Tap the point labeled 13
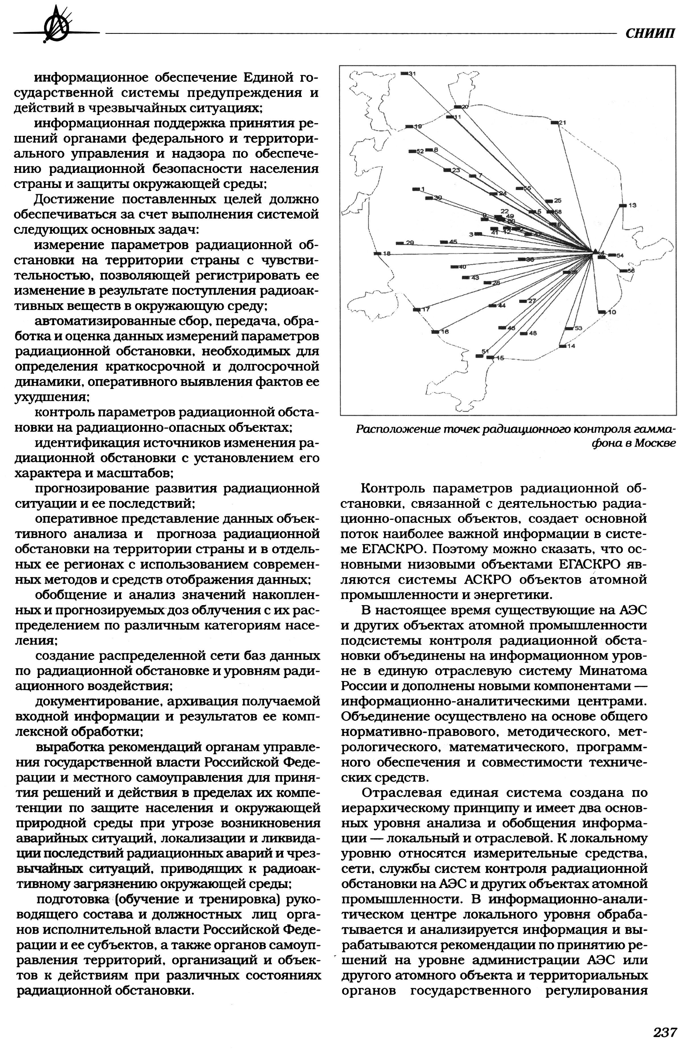tap(623, 205)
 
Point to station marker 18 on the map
tap(377, 253)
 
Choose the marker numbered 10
tap(602, 312)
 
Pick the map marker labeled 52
tap(413, 151)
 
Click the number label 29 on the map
tap(410, 243)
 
